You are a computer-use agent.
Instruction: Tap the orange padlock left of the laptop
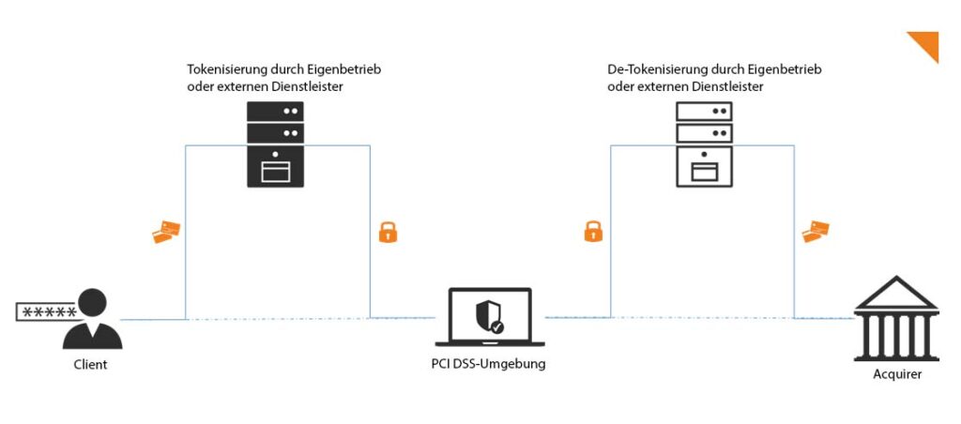(x=388, y=232)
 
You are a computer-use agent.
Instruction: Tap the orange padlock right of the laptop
(x=593, y=231)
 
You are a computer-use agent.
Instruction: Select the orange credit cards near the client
(x=166, y=232)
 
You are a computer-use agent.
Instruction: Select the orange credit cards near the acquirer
(x=816, y=231)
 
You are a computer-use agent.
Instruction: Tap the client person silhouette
(x=92, y=319)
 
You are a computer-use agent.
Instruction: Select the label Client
(x=90, y=364)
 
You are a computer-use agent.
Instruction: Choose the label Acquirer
(x=897, y=374)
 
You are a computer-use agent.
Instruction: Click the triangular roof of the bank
(x=895, y=294)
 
